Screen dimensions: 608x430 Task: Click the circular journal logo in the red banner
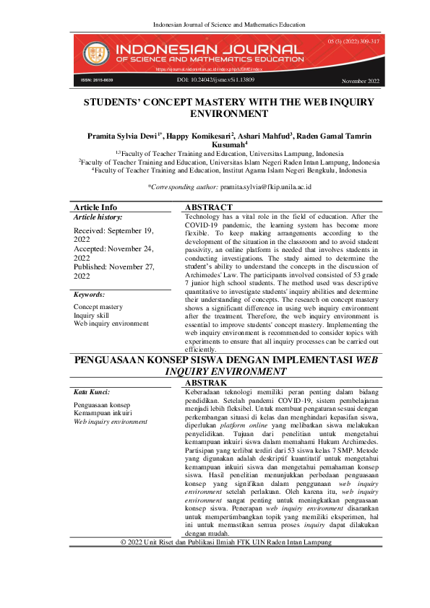click(94, 52)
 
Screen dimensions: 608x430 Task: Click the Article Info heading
click(95, 207)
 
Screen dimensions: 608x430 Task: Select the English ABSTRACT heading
click(209, 207)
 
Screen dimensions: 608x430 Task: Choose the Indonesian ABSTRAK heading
click(207, 382)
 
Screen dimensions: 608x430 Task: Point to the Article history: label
click(98, 217)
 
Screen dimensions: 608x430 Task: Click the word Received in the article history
click(90, 230)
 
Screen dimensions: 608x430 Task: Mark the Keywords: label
click(90, 295)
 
